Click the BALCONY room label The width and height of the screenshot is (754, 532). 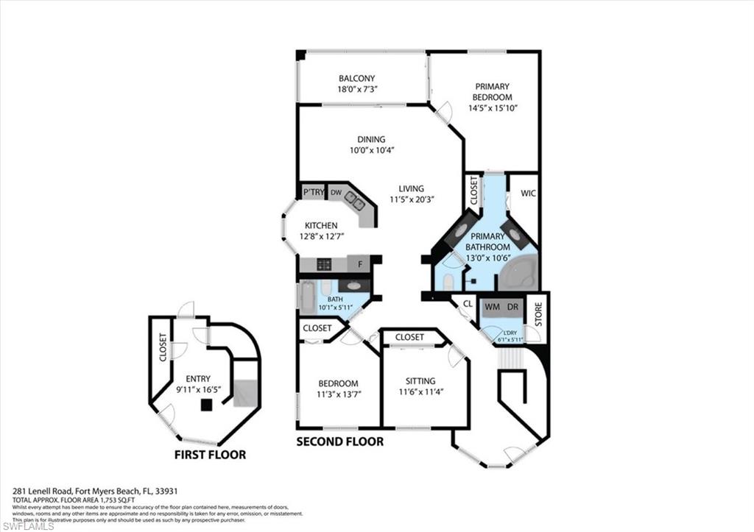[356, 79]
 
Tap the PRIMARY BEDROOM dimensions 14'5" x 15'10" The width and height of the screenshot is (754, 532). [493, 107]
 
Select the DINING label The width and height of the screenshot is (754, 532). [371, 139]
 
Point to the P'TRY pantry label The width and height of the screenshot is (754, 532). [314, 192]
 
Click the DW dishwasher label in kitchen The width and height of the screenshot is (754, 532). [335, 192]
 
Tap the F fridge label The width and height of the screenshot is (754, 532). [359, 264]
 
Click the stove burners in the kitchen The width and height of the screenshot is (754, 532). [325, 264]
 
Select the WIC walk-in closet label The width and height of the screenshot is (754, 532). [528, 194]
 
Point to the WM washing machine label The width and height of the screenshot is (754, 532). [491, 305]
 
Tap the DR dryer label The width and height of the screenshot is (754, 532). [511, 305]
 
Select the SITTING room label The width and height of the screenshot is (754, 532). [420, 381]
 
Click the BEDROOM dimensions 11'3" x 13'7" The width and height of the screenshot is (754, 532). [338, 394]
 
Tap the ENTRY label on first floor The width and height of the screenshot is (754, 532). [198, 378]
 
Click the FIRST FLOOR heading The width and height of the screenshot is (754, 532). [210, 455]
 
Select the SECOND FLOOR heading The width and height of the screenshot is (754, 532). [339, 441]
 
